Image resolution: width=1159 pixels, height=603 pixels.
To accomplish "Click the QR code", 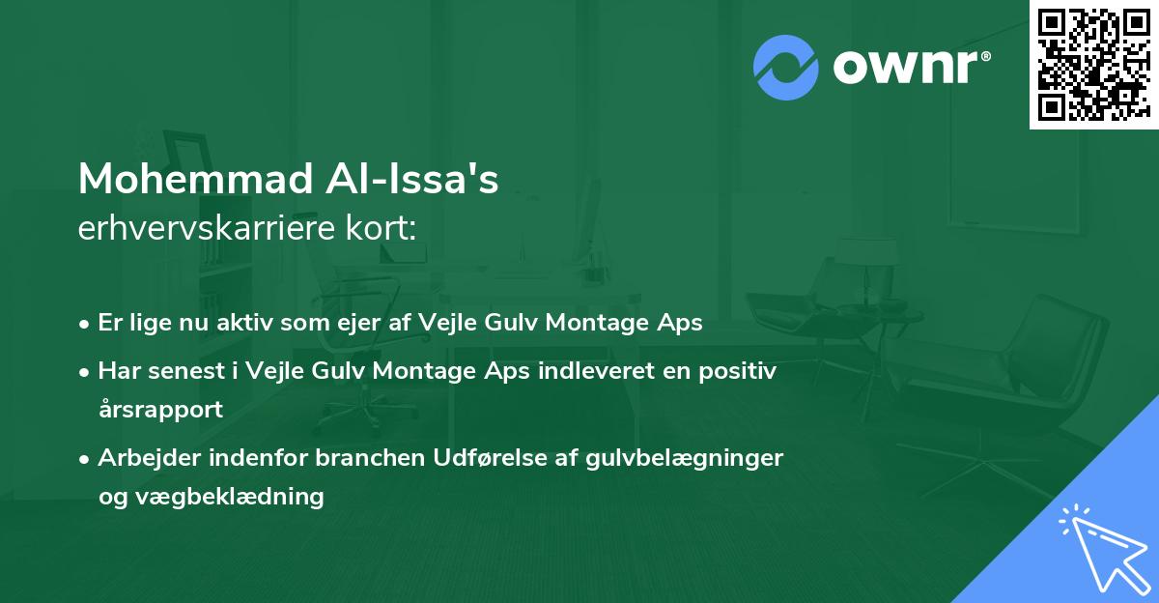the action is (x=1094, y=64).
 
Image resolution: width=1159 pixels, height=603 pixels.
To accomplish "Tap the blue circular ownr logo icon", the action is (x=786, y=68).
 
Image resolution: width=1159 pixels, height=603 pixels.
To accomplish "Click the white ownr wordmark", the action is (x=905, y=68).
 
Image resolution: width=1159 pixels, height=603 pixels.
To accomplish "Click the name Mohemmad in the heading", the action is (x=195, y=179).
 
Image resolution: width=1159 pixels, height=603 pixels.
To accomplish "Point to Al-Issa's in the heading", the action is (x=411, y=179).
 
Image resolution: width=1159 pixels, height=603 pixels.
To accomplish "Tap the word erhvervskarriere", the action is (x=207, y=228).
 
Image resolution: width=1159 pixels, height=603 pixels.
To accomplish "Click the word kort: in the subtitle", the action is (x=381, y=228).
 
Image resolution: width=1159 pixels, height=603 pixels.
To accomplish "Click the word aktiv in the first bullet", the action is (x=244, y=323).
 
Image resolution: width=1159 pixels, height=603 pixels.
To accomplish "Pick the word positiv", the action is (x=737, y=372).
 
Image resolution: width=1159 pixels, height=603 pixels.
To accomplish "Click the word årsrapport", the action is (x=161, y=410).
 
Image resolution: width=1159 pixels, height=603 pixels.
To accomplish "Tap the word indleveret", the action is (x=596, y=371).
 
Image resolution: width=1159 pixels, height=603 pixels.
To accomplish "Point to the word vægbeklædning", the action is (x=230, y=498).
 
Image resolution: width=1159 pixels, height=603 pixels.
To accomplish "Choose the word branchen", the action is (x=370, y=458).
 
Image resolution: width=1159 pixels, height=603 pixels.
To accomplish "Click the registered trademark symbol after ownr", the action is (x=985, y=56).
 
